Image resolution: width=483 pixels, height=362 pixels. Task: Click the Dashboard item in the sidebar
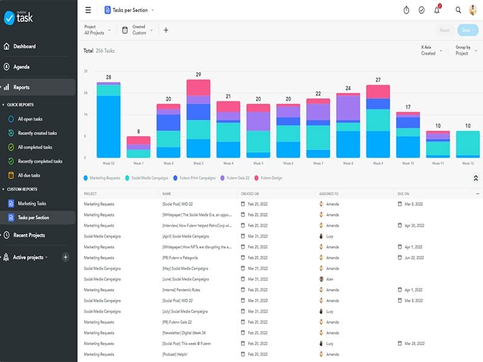[x=24, y=46]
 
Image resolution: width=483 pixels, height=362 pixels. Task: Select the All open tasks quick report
[x=30, y=119]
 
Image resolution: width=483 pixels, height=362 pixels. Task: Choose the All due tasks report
[x=28, y=176]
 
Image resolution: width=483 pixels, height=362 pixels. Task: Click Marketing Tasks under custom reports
[x=31, y=203]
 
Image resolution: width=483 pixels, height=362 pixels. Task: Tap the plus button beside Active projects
[x=66, y=257]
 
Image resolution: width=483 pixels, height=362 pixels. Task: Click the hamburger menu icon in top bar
[x=88, y=10]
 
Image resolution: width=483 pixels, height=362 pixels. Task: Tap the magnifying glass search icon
[x=458, y=10]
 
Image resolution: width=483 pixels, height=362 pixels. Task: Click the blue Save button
[x=465, y=30]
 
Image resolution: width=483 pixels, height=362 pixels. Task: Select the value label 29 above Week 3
[x=198, y=75]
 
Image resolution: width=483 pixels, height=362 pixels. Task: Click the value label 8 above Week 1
[x=138, y=132]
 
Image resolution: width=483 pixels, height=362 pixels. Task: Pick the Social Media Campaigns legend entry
[x=148, y=178]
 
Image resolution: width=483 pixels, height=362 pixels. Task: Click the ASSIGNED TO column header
[x=328, y=194]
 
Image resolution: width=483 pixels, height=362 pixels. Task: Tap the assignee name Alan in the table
[x=330, y=279]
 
